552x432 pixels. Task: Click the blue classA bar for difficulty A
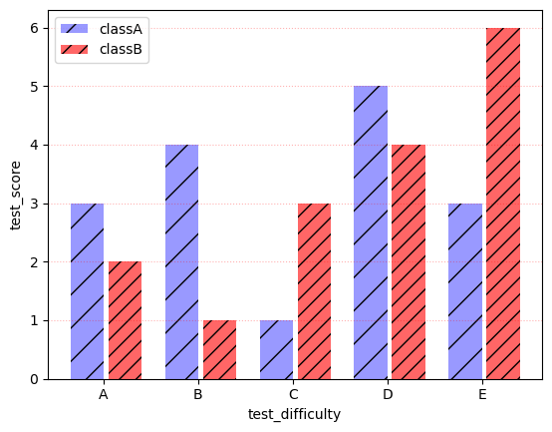[87, 291]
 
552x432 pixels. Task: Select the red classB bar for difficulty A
[125, 320]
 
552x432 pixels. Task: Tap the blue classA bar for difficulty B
[181, 262]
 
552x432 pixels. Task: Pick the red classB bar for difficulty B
[219, 349]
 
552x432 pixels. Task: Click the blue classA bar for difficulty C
[276, 349]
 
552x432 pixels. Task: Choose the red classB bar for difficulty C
[314, 291]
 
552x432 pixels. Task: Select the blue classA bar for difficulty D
[371, 232]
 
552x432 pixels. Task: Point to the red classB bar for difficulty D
[409, 262]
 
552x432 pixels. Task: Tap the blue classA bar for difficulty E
[465, 291]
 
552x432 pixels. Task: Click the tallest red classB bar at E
[503, 204]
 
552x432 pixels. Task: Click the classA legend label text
[121, 30]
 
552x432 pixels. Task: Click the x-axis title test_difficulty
[294, 414]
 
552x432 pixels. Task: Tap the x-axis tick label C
[293, 395]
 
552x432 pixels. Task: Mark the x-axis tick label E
[482, 395]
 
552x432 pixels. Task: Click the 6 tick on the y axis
[34, 28]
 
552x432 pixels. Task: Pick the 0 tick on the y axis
[34, 379]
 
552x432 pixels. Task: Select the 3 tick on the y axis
[34, 204]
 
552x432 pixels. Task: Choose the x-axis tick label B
[198, 395]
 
